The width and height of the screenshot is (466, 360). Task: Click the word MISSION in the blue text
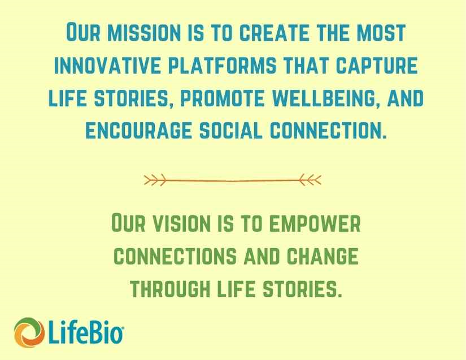[144, 32]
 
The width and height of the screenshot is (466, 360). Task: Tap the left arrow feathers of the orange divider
[155, 180]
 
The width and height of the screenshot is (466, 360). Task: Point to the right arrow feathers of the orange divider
[310, 180]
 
